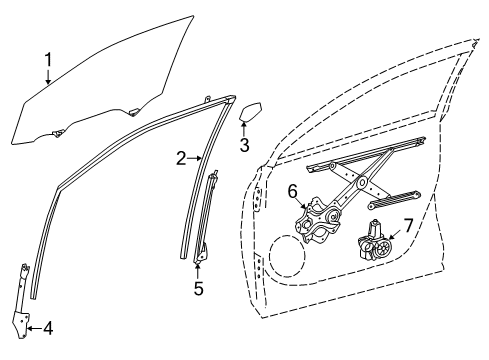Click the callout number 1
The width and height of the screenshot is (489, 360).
pos(47,66)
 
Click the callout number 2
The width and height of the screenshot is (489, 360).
pos(182,157)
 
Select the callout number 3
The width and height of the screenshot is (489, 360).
pos(243,145)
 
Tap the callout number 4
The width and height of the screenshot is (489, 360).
pos(46,326)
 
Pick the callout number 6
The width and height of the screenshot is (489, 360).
pos(293,191)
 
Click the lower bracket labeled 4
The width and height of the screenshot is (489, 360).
pos(23,305)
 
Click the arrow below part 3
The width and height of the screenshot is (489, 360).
pos(243,128)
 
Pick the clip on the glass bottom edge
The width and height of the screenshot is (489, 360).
pos(57,132)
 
